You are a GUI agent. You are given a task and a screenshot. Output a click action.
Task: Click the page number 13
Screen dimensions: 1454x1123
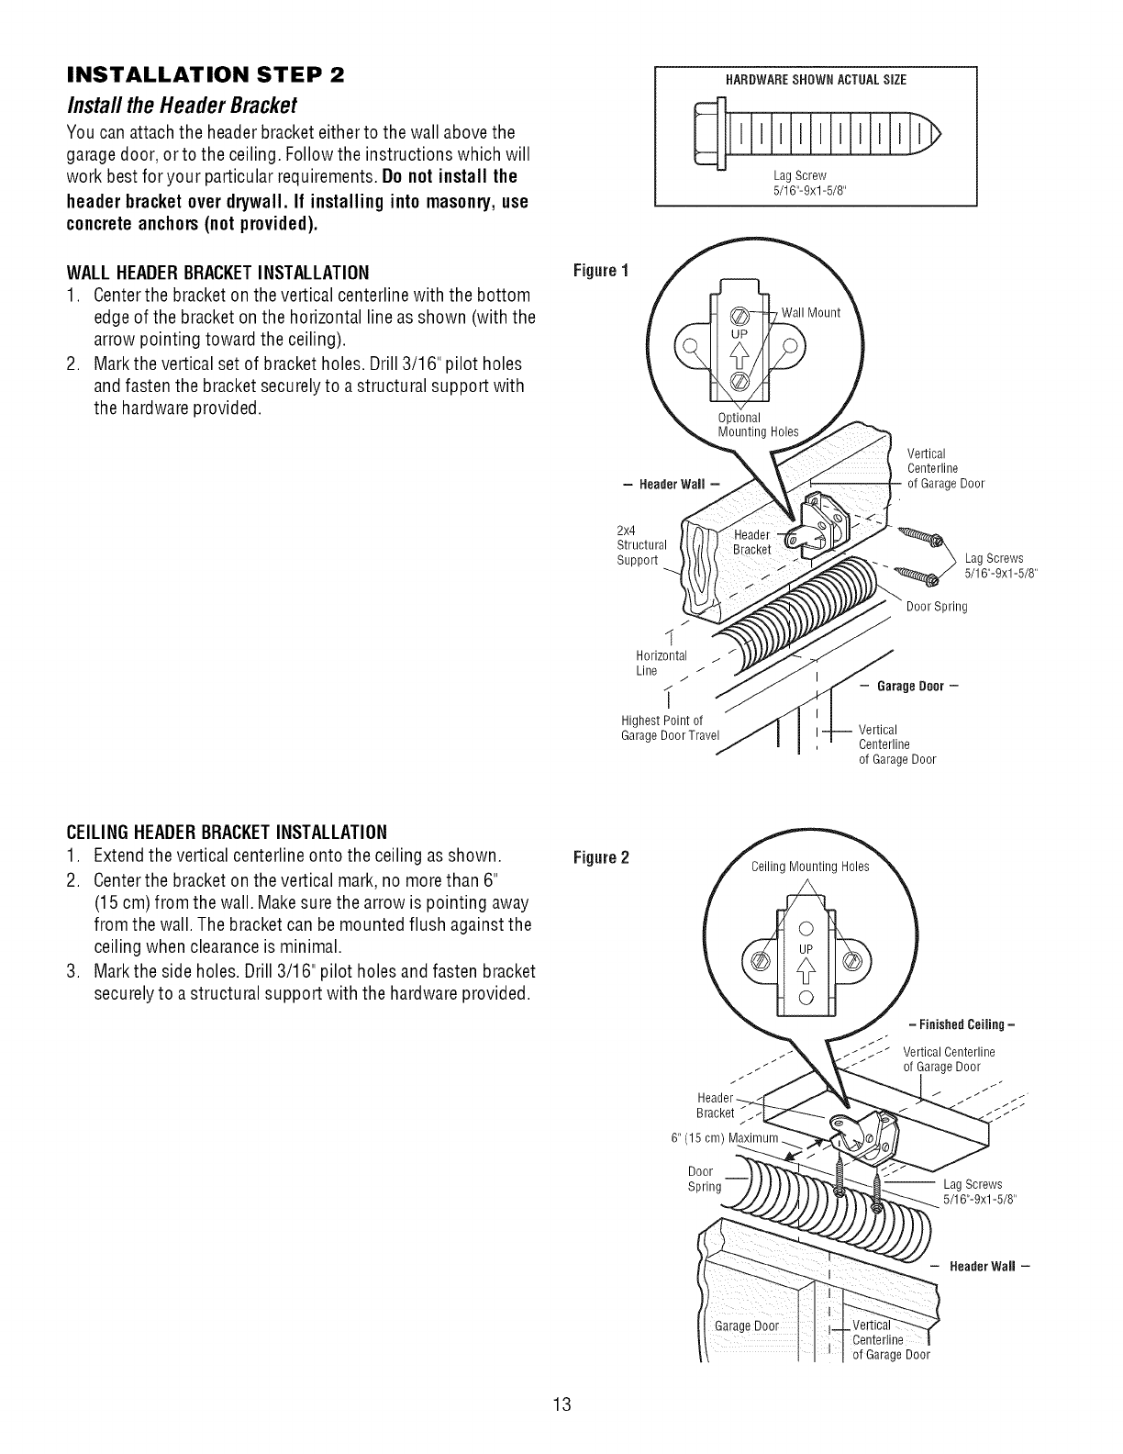pos(561,1404)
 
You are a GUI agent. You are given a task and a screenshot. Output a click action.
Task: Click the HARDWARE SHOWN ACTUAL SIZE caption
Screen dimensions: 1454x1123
pos(815,81)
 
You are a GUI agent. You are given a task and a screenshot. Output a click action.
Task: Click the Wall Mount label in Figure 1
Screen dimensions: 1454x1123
pos(810,313)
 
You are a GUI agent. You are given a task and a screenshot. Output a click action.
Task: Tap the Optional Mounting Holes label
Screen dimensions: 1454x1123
pos(758,425)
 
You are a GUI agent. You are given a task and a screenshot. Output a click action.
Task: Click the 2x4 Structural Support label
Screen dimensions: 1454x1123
pos(639,545)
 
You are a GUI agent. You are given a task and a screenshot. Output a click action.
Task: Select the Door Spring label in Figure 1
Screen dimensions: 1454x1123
pos(937,607)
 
